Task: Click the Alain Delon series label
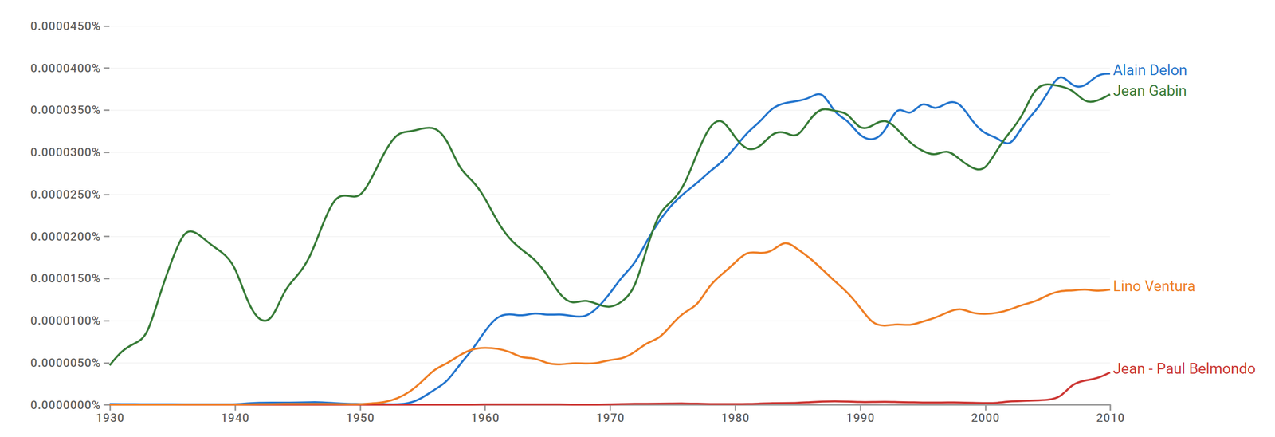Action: click(1150, 70)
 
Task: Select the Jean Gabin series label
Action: click(1150, 91)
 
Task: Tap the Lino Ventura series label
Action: click(1154, 286)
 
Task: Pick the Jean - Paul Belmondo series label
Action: click(1184, 368)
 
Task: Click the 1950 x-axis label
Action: click(360, 418)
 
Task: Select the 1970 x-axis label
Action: click(610, 418)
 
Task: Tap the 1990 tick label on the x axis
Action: click(860, 418)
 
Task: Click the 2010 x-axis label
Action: click(1111, 418)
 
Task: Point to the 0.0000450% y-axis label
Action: click(65, 26)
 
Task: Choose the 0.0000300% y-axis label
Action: click(65, 152)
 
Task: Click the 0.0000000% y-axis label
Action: click(65, 405)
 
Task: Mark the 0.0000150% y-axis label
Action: click(65, 278)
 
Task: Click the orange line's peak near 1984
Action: click(786, 243)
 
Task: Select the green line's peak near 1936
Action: click(190, 231)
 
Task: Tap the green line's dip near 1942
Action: click(265, 321)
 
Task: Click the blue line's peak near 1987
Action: click(818, 94)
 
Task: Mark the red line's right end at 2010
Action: click(1110, 373)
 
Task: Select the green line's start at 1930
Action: click(110, 364)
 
